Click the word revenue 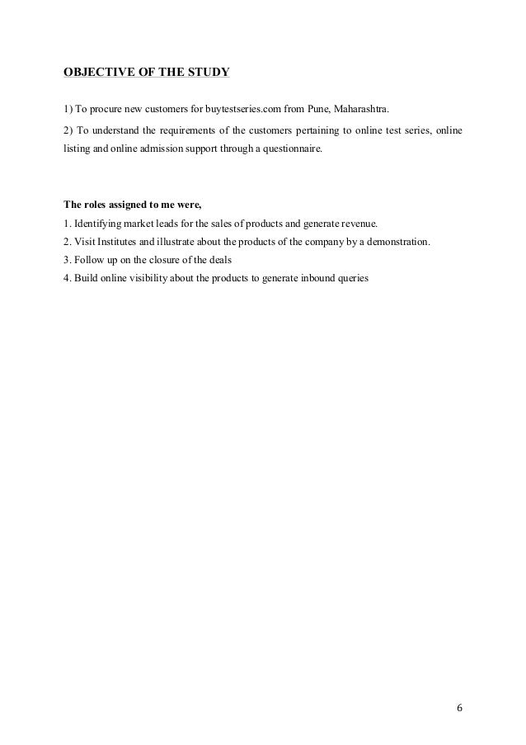(359, 224)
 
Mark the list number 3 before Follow (67, 260)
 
